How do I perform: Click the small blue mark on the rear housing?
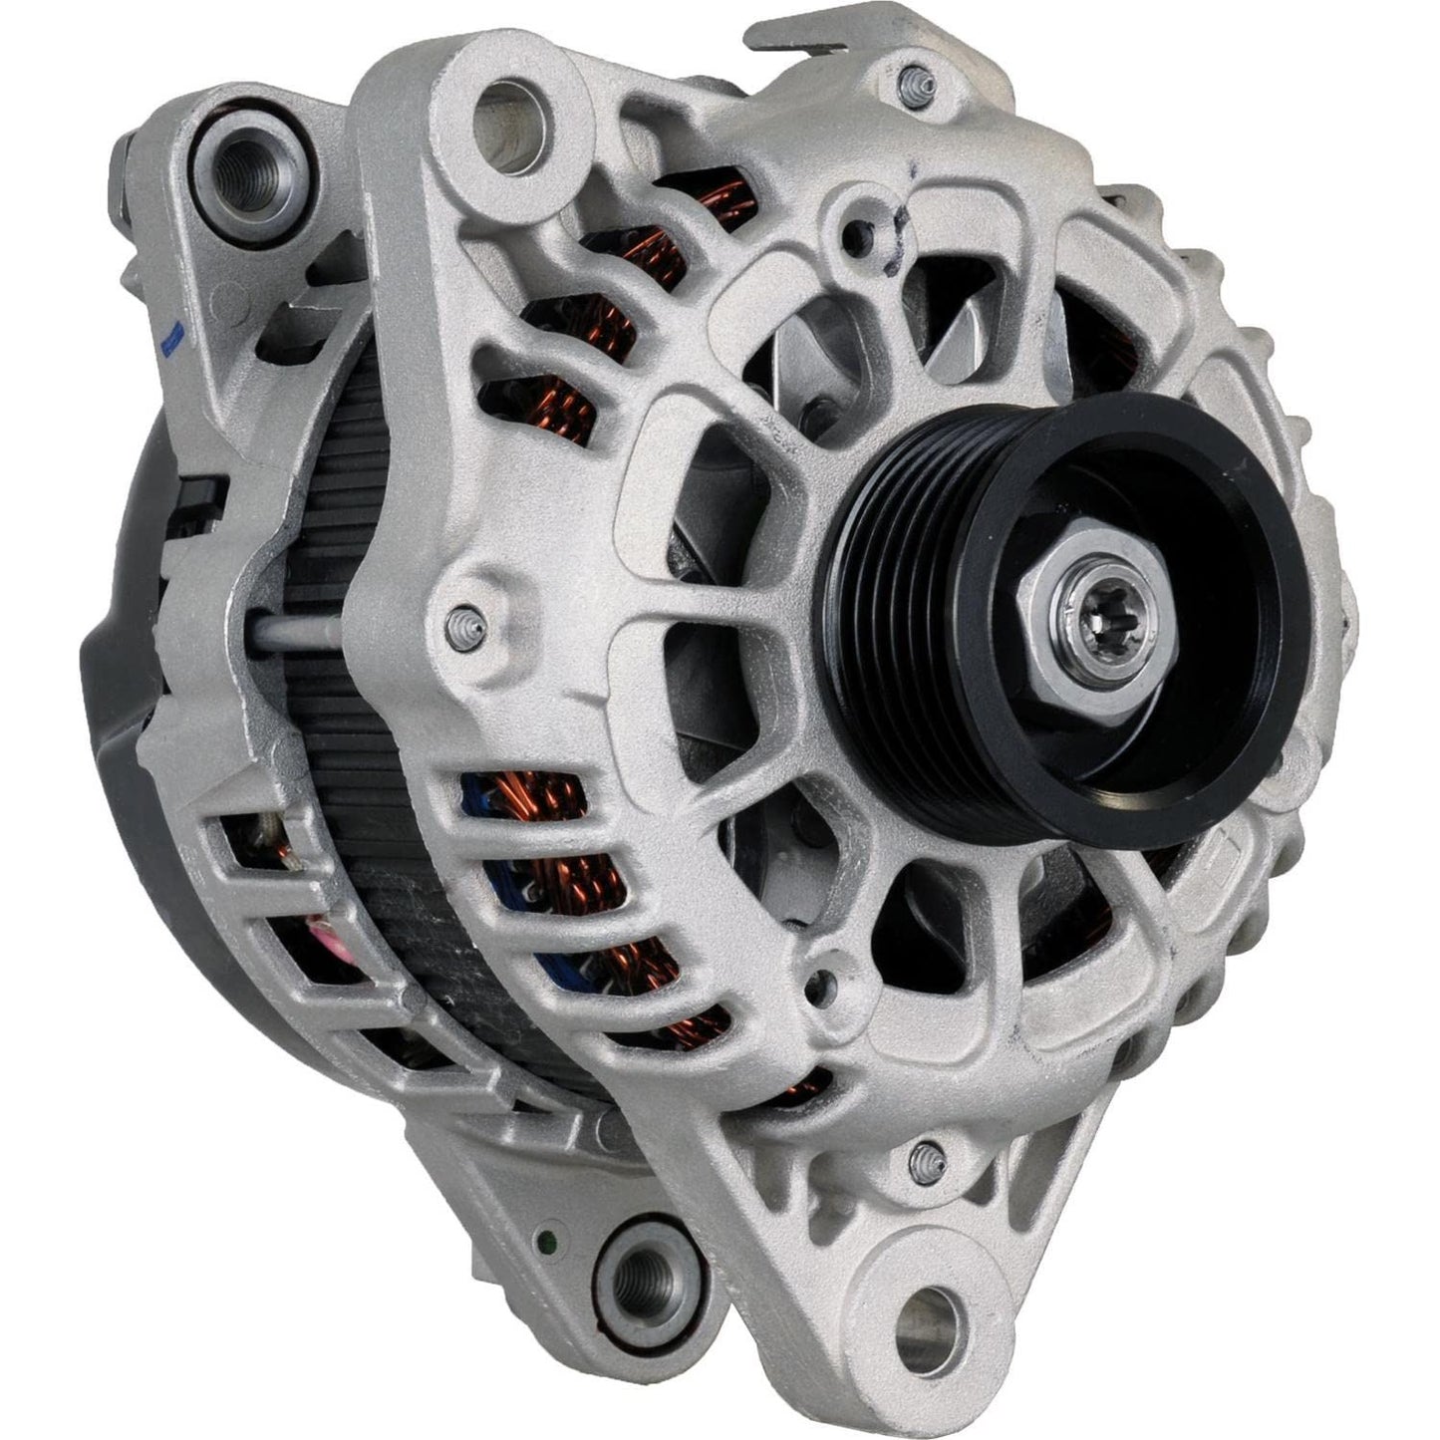(x=169, y=342)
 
